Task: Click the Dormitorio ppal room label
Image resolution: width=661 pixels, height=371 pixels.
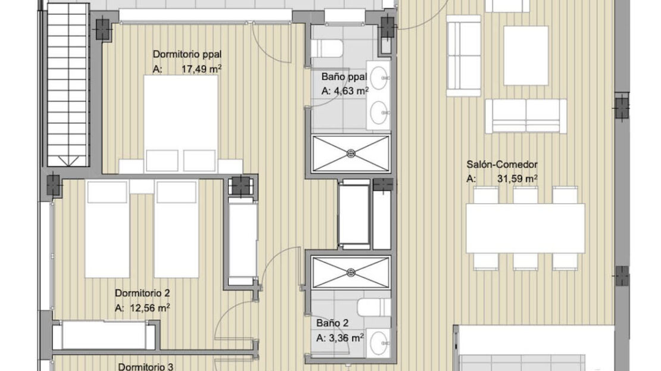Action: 187,54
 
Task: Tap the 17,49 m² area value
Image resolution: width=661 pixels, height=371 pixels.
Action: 201,68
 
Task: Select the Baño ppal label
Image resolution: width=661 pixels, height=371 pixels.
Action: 344,77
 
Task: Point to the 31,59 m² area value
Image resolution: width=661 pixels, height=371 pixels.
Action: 517,178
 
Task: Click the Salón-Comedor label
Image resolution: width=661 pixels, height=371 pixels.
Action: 502,164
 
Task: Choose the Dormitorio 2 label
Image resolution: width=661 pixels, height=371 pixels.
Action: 142,293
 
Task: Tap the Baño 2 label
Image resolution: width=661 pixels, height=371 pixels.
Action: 333,323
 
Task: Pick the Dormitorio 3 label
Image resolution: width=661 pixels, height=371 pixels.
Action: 145,367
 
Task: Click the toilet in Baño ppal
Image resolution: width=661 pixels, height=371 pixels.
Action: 327,48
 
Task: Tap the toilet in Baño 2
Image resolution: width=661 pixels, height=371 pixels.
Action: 374,307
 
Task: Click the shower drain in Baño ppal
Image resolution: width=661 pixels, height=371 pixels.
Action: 351,154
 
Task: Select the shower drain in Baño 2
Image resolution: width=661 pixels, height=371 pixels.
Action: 351,273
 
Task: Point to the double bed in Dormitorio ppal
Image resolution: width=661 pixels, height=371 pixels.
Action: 181,124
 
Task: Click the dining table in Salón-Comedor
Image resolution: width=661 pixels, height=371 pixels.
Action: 525,228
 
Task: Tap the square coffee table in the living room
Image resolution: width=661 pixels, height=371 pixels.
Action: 526,55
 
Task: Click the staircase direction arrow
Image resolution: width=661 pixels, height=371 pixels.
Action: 67,161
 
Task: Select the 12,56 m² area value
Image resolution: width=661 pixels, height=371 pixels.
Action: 149,308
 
